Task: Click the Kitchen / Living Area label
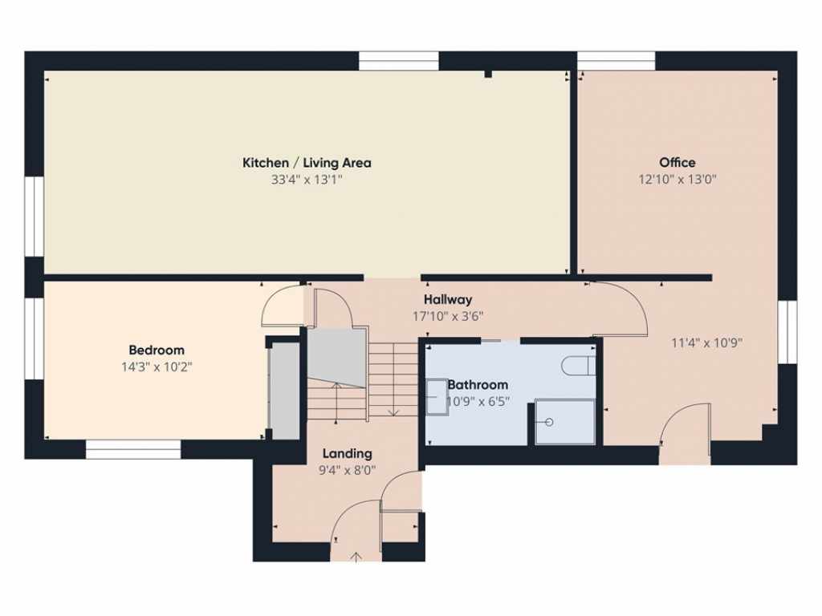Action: point(307,163)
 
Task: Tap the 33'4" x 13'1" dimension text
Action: point(307,180)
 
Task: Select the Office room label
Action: point(678,163)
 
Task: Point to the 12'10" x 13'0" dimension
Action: point(678,180)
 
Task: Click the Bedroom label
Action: point(157,350)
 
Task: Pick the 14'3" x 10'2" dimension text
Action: point(157,367)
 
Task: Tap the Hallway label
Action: point(448,299)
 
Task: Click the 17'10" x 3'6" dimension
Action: point(448,316)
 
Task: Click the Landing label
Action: point(347,453)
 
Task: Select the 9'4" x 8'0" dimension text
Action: point(347,471)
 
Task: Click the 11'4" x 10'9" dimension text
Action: point(706,342)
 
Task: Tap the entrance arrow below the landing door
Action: point(356,556)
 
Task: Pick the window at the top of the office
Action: point(616,61)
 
